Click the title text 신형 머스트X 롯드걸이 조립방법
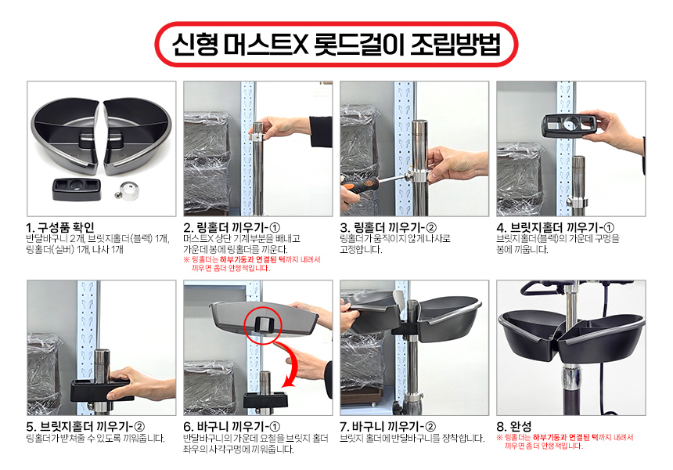336,44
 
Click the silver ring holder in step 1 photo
129,191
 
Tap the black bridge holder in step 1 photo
77,190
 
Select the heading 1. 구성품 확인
59,227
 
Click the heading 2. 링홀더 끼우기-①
232,227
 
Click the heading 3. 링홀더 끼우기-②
388,227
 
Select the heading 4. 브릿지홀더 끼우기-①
556,227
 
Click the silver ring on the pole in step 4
578,201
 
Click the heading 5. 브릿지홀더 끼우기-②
85,427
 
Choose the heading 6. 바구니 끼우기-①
232,427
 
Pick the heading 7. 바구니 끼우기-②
387,427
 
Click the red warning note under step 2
252,264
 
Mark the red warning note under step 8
565,442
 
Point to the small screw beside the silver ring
117,195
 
